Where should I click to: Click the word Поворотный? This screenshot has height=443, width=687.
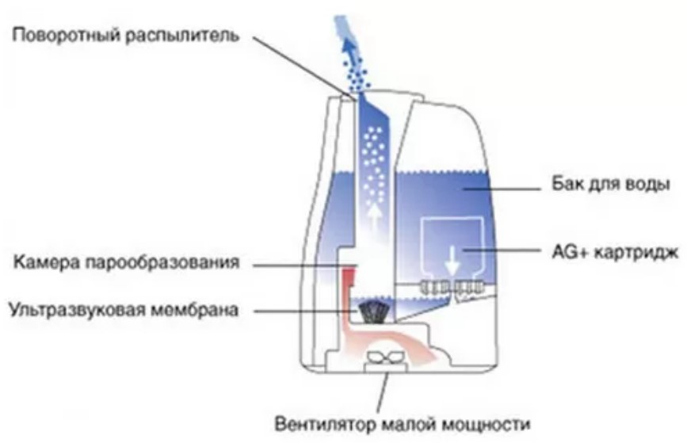pos(67,36)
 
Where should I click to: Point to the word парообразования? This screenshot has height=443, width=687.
pos(162,263)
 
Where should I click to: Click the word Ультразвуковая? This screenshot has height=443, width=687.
pos(77,310)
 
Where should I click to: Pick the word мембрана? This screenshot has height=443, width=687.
pos(195,310)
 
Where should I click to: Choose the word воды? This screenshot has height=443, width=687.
pos(648,184)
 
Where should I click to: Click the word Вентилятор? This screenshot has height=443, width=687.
pos(326,424)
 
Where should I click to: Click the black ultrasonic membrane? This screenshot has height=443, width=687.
pos(373,311)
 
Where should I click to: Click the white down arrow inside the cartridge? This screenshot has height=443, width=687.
pos(452,260)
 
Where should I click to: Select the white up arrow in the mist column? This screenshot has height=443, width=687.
pos(374,217)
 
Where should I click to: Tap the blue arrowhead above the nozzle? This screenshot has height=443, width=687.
pos(349,46)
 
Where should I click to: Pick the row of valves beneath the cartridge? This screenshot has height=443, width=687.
pos(452,287)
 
